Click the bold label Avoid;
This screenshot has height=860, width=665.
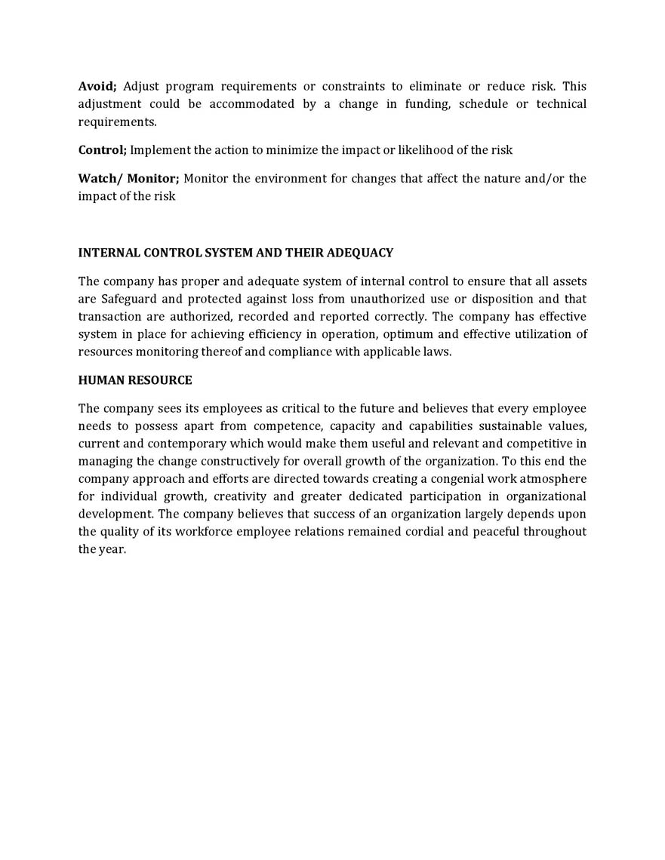click(x=97, y=86)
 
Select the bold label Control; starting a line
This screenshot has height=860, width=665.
click(x=103, y=149)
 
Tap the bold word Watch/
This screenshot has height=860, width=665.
click(x=100, y=178)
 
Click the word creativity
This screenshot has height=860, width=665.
click(x=244, y=496)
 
